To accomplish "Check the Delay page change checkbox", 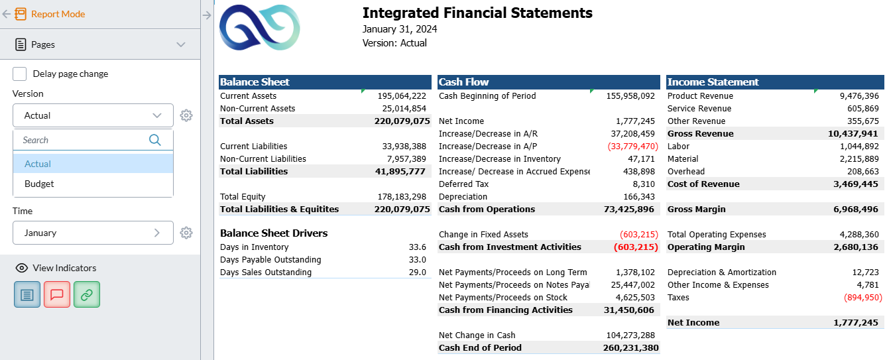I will pyautogui.click(x=20, y=74).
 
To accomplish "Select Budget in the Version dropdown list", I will pyautogui.click(x=40, y=184).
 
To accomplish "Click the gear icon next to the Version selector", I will pyautogui.click(x=186, y=115).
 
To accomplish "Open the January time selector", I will pyautogui.click(x=93, y=233).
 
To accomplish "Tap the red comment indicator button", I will pyautogui.click(x=57, y=294).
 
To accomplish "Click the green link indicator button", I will pyautogui.click(x=87, y=294).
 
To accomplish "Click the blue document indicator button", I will pyautogui.click(x=27, y=294).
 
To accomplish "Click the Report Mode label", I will pyautogui.click(x=58, y=14).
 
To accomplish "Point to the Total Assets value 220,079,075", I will pyautogui.click(x=402, y=121).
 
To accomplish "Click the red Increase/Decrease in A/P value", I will pyautogui.click(x=630, y=146).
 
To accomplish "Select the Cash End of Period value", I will pyautogui.click(x=630, y=347).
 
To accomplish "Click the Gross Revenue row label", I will pyautogui.click(x=700, y=133).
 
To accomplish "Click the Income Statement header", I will pyautogui.click(x=713, y=82).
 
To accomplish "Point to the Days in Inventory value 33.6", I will pyautogui.click(x=418, y=247).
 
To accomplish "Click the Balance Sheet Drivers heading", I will pyautogui.click(x=274, y=233).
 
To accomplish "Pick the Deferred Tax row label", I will pyautogui.click(x=464, y=184).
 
